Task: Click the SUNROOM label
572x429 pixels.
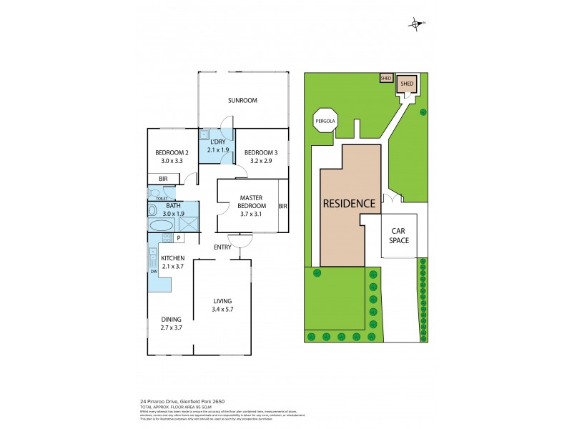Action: (x=242, y=100)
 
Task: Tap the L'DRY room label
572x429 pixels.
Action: (x=217, y=146)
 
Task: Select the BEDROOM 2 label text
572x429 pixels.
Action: (x=172, y=157)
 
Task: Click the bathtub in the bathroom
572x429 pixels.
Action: (x=160, y=225)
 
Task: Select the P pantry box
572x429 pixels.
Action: (x=178, y=237)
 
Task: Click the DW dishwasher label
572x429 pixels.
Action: (x=153, y=271)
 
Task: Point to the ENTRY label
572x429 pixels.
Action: (x=222, y=247)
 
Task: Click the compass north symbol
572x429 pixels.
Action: (x=417, y=25)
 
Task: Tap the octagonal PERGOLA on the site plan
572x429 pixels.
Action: (x=324, y=122)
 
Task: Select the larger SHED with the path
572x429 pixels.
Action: (x=407, y=84)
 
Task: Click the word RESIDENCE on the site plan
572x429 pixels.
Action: (x=350, y=203)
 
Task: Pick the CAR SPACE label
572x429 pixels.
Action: (x=399, y=235)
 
